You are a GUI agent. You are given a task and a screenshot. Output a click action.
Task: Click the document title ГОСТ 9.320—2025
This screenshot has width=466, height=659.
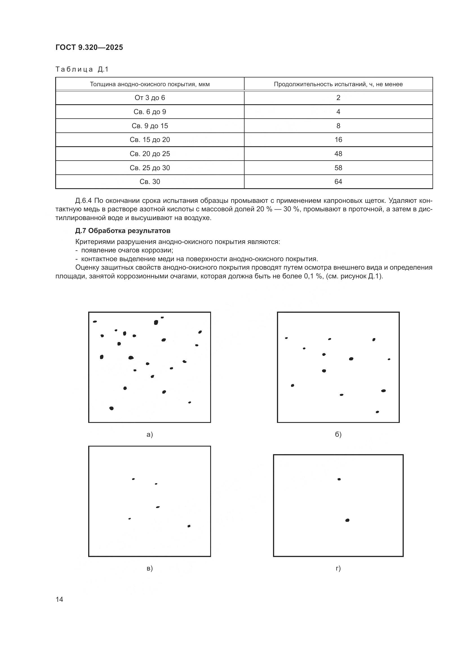[x=89, y=47]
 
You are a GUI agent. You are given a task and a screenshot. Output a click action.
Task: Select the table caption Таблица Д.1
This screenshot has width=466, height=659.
[x=82, y=69]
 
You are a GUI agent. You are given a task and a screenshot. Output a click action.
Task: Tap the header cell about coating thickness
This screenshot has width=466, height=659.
[x=150, y=84]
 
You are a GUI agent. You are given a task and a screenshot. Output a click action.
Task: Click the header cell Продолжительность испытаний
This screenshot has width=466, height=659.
[x=338, y=84]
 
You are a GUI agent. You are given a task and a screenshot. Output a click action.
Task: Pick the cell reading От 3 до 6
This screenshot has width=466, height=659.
[x=150, y=97]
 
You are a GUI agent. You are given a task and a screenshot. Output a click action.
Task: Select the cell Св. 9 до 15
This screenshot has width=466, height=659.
[x=150, y=126]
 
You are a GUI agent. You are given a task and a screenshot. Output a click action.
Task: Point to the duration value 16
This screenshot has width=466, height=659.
[x=338, y=139]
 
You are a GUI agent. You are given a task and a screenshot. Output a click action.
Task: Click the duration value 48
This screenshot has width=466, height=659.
[x=338, y=154]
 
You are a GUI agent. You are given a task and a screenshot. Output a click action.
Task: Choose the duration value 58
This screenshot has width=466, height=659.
[x=338, y=168]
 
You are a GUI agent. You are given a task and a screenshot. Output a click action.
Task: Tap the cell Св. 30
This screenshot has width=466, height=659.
[x=150, y=181]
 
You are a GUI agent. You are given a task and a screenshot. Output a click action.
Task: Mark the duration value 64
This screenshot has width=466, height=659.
[x=338, y=181]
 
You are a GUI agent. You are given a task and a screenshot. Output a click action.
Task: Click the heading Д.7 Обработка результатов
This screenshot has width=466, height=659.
[x=123, y=231]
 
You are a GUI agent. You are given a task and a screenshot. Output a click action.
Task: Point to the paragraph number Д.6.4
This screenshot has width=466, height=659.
[x=83, y=200]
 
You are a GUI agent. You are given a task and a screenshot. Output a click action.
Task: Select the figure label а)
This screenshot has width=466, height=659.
[x=150, y=434]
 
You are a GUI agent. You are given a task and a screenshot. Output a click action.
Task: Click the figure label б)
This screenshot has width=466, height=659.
[x=338, y=434]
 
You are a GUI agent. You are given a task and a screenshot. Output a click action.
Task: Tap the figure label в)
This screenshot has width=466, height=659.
[x=150, y=568]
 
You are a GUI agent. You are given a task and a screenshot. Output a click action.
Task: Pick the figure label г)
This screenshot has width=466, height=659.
[x=338, y=568]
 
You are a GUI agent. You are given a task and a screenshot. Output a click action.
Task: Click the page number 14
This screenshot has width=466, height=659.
[x=59, y=599]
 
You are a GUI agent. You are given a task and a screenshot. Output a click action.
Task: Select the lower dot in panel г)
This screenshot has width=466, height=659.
[x=347, y=520]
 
